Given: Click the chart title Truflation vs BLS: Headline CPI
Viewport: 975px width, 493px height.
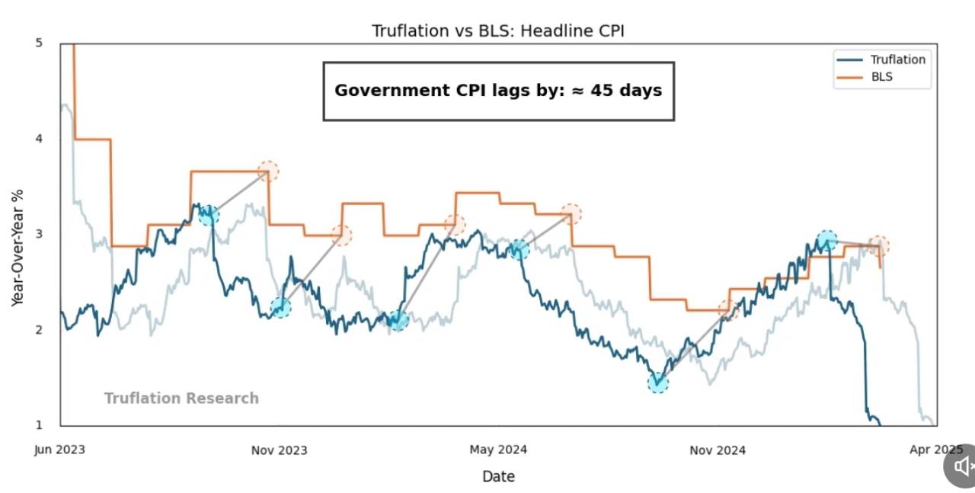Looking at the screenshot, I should [498, 31].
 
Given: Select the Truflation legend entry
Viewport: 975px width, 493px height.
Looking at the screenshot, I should [897, 59].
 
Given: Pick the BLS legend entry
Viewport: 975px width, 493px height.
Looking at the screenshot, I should [881, 77].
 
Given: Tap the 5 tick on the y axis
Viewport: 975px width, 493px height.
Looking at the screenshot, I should [39, 43].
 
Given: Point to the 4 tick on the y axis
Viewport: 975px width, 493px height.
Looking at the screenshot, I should [39, 139].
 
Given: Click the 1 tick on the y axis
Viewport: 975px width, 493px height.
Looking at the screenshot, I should [39, 424].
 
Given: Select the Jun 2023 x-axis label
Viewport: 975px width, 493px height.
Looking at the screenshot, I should [59, 450].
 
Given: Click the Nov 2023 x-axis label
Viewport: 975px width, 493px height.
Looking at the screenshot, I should [280, 450].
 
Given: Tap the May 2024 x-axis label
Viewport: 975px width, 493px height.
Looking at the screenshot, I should [498, 450].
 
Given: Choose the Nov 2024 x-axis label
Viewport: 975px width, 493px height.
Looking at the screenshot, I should [718, 450].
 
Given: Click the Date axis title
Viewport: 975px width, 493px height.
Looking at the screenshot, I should [498, 476].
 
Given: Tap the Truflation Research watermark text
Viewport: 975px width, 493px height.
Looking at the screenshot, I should [181, 399].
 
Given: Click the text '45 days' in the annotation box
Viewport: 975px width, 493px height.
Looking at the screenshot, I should [629, 91].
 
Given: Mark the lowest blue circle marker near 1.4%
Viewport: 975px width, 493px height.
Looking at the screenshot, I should [658, 383].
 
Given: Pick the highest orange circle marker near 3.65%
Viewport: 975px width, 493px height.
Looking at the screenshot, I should [268, 171].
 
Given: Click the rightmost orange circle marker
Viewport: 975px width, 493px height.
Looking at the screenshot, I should [879, 245].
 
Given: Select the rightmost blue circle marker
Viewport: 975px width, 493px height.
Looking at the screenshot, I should [826, 242].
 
